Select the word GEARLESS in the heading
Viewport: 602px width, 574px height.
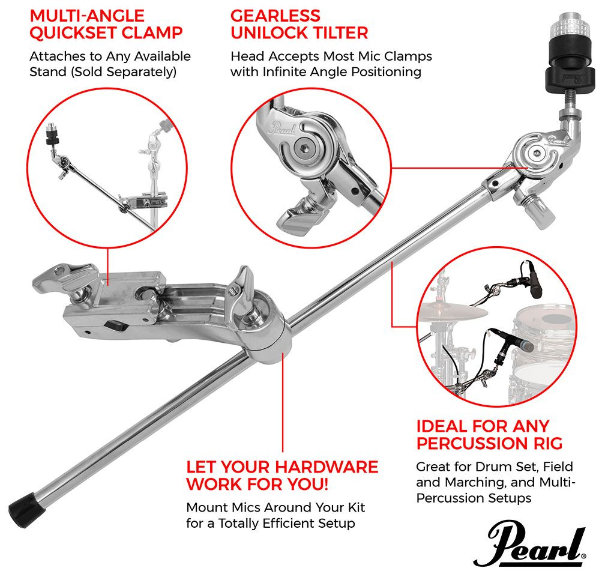click(x=275, y=15)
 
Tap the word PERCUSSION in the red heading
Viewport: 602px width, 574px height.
click(x=472, y=444)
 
